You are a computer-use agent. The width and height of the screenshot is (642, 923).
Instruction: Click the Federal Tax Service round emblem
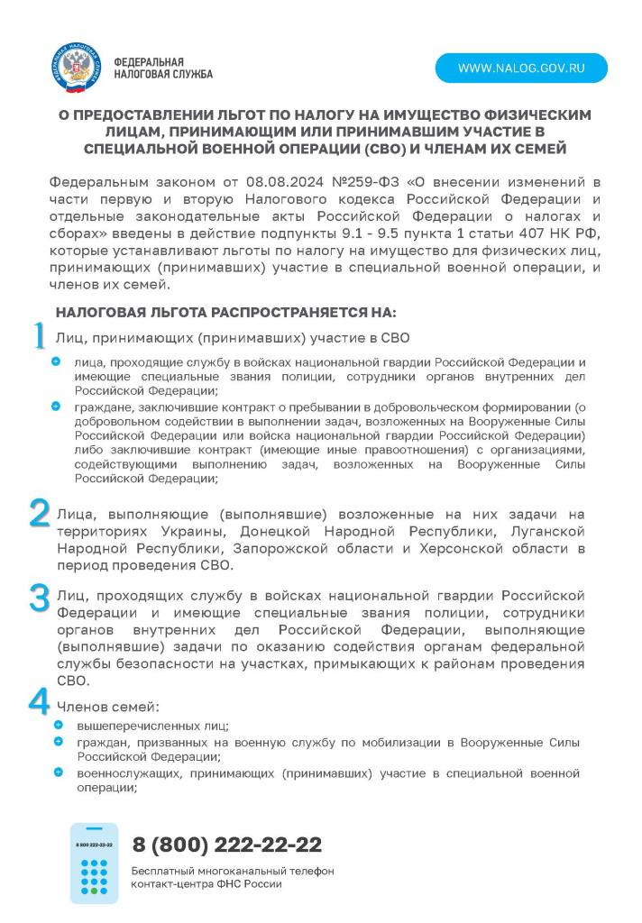(77, 68)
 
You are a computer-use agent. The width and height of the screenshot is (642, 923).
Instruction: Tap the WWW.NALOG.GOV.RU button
(521, 69)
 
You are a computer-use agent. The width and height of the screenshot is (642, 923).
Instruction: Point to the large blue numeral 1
(39, 336)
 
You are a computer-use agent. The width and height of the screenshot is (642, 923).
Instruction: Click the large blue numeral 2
(40, 513)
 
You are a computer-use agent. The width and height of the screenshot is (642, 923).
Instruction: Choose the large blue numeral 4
(40, 702)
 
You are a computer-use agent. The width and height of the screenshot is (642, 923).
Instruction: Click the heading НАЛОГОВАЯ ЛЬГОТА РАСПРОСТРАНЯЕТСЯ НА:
(226, 313)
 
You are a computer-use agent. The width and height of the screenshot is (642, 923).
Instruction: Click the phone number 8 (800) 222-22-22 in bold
(227, 845)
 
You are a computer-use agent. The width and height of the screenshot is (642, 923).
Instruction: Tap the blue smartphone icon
(94, 863)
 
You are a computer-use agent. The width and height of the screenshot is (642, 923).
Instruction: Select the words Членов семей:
(109, 707)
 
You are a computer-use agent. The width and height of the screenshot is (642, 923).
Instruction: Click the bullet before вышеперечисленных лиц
(59, 725)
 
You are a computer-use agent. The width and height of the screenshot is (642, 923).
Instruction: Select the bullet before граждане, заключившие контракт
(59, 407)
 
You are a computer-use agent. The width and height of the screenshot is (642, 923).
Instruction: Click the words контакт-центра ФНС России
(206, 884)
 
